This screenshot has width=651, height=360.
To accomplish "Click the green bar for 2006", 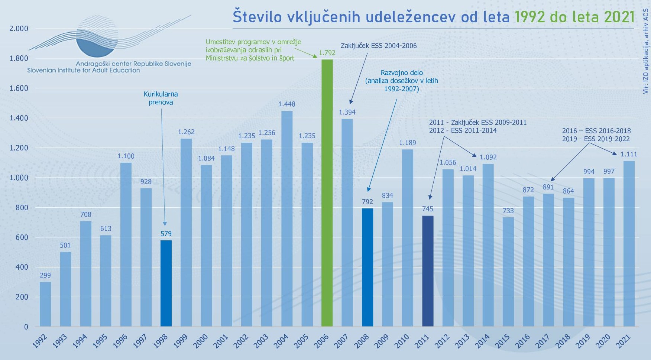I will [327, 193].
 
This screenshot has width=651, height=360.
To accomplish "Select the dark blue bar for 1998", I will [166, 283].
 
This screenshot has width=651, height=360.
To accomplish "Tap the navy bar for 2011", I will [428, 271].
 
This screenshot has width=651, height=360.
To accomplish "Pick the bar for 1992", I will [45, 304].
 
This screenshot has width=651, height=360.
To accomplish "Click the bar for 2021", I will [629, 244].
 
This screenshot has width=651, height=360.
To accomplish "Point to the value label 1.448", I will [287, 104].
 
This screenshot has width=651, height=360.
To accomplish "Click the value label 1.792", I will [327, 53].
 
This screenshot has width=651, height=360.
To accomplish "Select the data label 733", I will [508, 211].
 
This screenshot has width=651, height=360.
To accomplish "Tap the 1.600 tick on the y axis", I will [19, 88].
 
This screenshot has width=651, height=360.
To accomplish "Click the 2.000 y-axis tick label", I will [19, 29].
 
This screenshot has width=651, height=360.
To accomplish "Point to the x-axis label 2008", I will [362, 341].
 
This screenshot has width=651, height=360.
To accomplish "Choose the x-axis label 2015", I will [502, 341].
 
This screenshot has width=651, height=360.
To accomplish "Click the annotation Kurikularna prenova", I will [161, 98].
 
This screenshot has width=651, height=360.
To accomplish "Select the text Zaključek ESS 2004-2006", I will [379, 46].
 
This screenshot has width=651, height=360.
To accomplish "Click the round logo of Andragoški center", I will [97, 37].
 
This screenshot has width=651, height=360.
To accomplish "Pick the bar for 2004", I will [287, 219].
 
